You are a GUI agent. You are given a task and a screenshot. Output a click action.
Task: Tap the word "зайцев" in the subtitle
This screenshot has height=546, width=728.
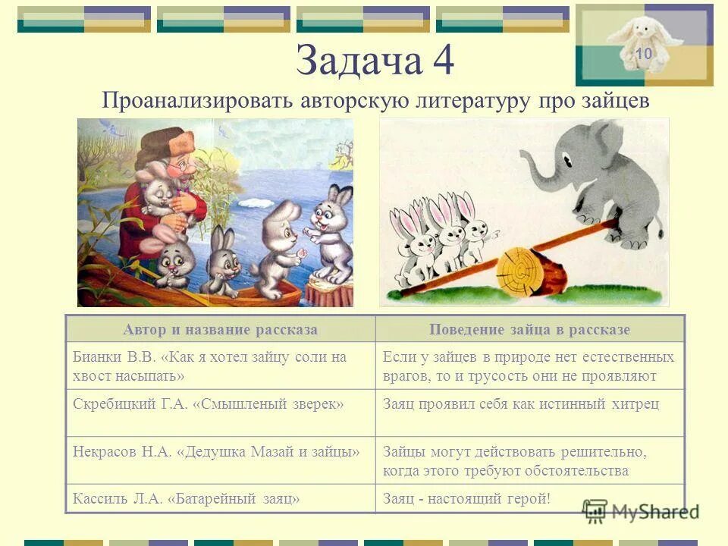617,101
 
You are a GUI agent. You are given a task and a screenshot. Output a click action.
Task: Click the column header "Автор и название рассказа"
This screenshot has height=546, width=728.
220,329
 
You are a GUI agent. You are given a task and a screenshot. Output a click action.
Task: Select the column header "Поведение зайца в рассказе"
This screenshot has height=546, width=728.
529,329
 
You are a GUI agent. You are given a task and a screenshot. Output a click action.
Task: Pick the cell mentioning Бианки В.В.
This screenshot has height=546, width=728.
220,366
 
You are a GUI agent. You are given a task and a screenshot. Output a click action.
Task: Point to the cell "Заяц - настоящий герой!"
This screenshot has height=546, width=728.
467,498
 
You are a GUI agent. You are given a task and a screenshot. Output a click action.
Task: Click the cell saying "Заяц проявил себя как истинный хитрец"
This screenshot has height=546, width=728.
521,404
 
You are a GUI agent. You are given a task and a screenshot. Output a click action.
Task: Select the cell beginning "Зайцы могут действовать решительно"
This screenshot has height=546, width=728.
516,460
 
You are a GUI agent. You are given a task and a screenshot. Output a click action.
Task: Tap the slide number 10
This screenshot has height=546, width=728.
644,54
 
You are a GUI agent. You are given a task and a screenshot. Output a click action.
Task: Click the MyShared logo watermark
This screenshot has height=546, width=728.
640,511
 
